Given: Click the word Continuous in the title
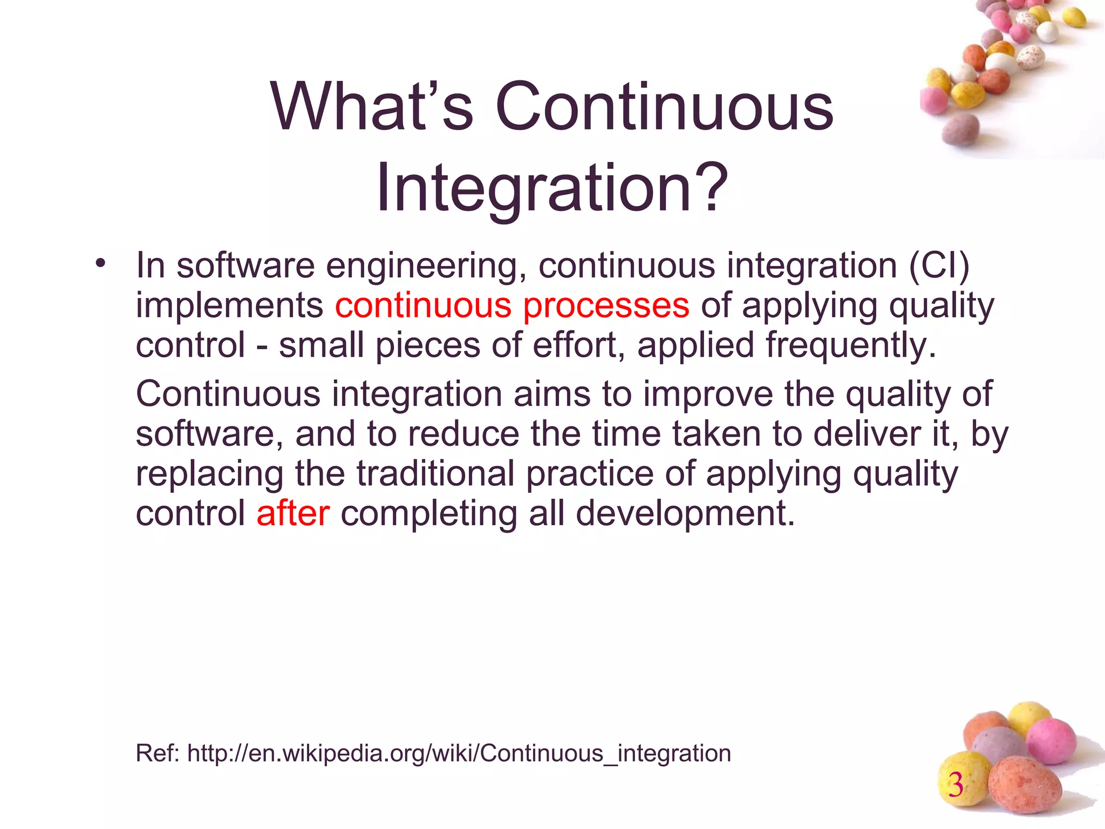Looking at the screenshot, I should (x=664, y=106).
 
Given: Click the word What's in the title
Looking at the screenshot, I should (x=372, y=106).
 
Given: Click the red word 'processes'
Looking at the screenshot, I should (x=606, y=306).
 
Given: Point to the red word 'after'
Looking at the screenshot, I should (x=293, y=513).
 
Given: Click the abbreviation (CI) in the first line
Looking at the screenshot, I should (x=940, y=266).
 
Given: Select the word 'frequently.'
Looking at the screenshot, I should (x=851, y=346).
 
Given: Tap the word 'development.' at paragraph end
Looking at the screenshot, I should (x=685, y=513).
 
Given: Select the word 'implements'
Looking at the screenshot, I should (x=229, y=306).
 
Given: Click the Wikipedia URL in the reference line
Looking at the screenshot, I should (x=459, y=753).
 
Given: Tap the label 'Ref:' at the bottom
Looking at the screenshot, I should (x=158, y=753).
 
